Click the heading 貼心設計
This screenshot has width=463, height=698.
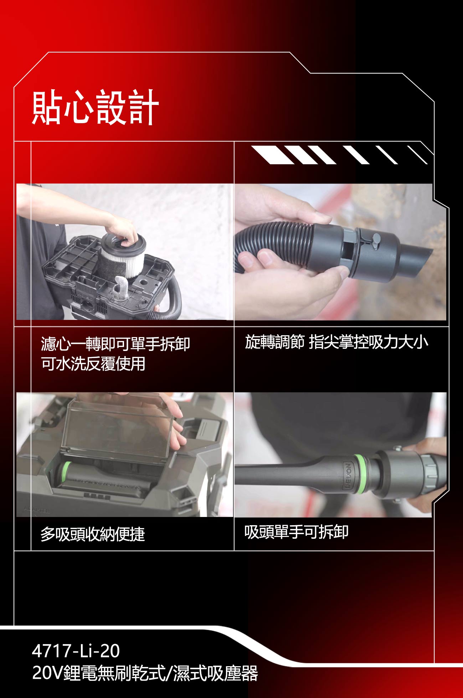pyautogui.click(x=95, y=107)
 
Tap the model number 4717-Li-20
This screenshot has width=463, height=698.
pyautogui.click(x=76, y=651)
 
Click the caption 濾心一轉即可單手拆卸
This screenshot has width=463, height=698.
pyautogui.click(x=115, y=344)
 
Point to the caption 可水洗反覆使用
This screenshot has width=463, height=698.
pyautogui.click(x=93, y=364)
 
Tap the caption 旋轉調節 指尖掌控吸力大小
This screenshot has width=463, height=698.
pyautogui.click(x=336, y=342)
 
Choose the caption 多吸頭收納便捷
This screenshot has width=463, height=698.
pyautogui.click(x=92, y=534)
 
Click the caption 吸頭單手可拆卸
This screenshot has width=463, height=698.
pyautogui.click(x=296, y=532)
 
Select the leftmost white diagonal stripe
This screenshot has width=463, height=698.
pyautogui.click(x=273, y=155)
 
